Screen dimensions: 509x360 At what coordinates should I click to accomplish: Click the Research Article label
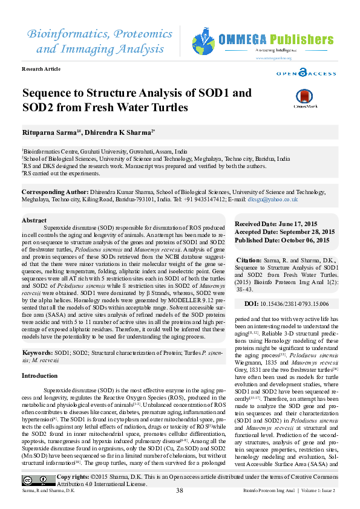(41, 69)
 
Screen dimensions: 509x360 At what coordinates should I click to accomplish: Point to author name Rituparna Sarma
(44, 131)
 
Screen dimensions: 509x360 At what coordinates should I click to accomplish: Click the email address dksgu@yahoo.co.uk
(273, 199)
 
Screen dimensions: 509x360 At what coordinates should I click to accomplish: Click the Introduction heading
(40, 376)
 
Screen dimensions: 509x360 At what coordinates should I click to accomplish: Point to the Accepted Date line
(284, 232)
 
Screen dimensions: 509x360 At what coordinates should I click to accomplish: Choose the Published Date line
(282, 239)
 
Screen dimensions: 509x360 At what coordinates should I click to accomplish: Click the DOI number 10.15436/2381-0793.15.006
(295, 303)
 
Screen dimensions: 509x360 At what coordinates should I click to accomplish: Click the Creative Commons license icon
(38, 481)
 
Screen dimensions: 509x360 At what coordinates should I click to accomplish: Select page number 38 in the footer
(179, 490)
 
